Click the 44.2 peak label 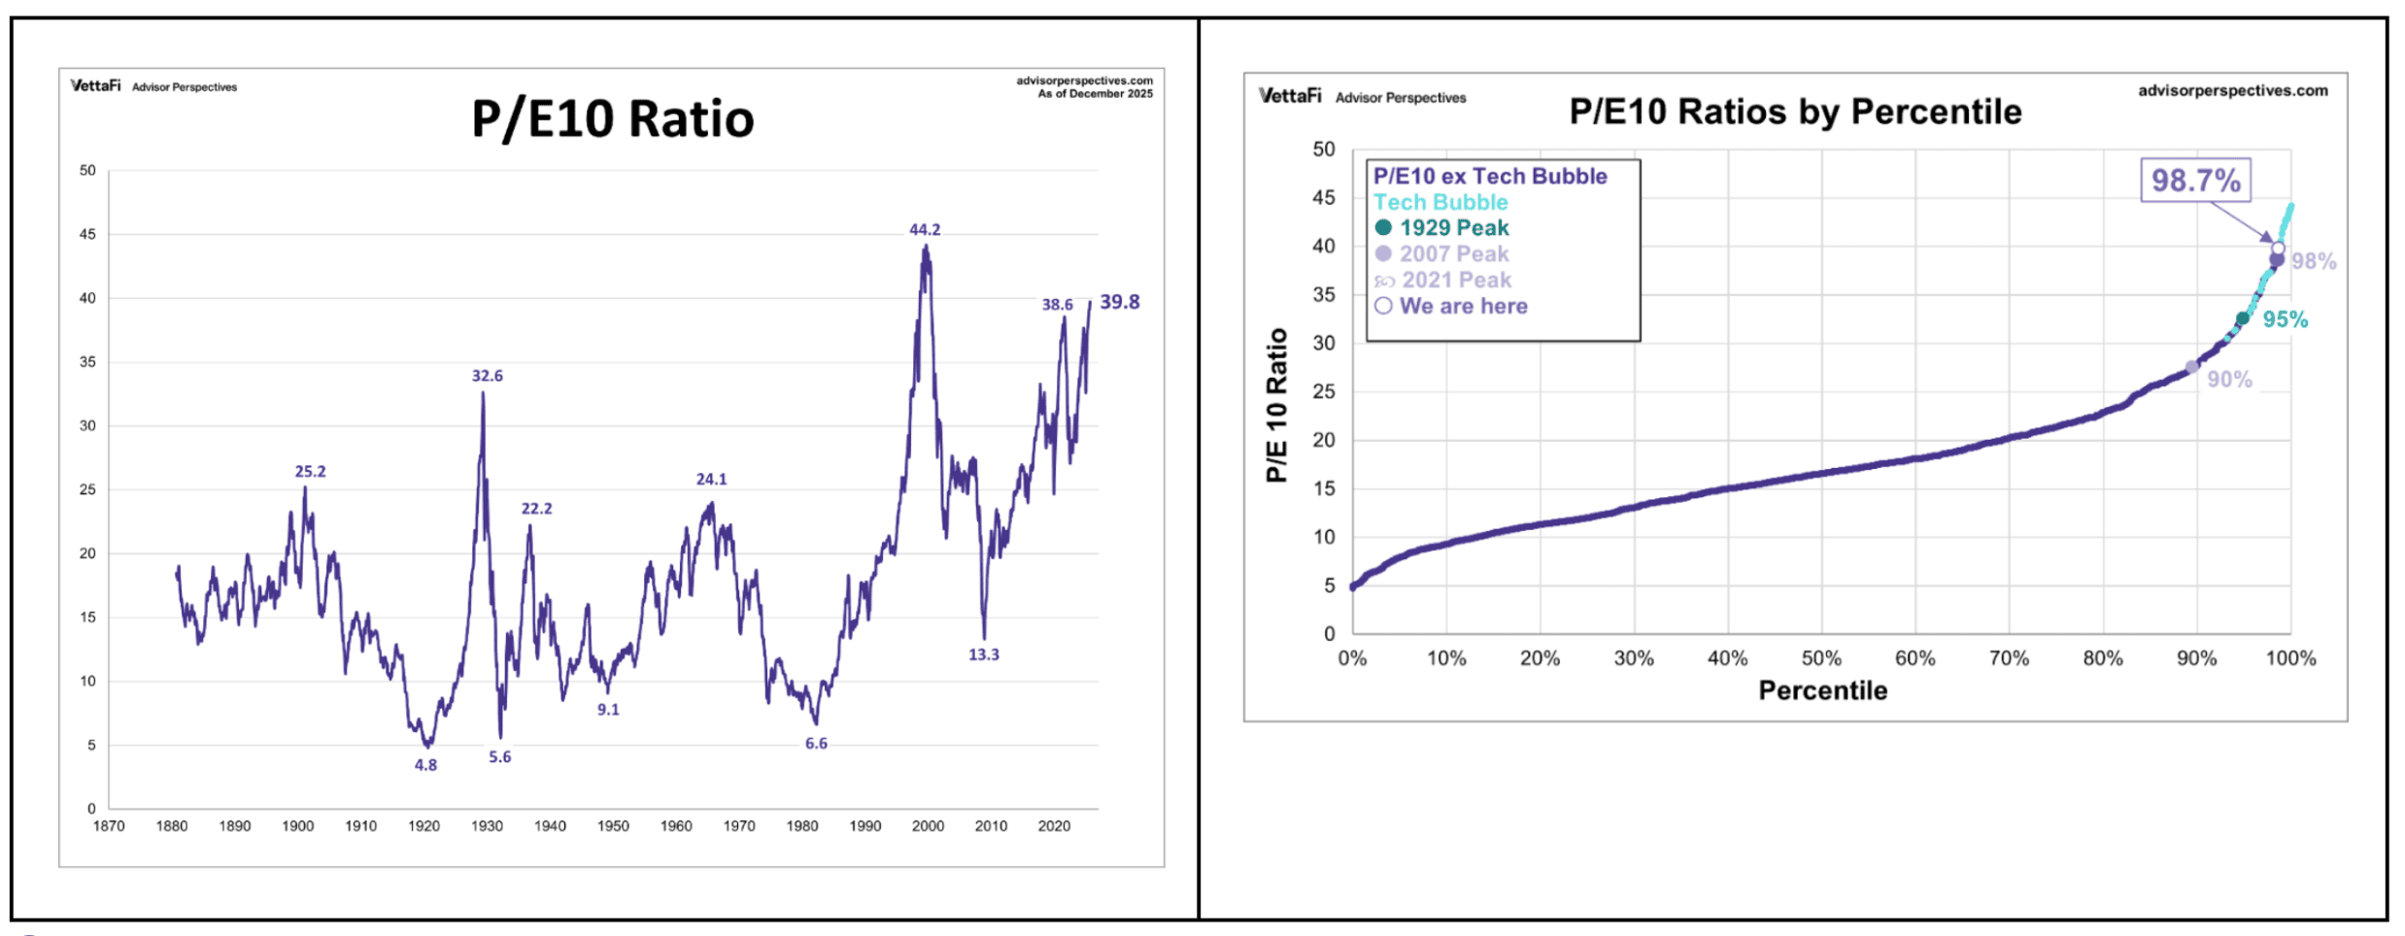tap(924, 230)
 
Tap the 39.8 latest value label tap(1119, 302)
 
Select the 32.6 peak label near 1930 tap(487, 376)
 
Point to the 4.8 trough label tap(425, 765)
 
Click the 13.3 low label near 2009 tap(983, 654)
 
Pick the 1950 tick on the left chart tap(613, 826)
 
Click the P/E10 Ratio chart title tap(612, 119)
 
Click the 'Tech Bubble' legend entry tap(1440, 202)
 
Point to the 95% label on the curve tap(2285, 319)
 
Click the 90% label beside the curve tap(2228, 380)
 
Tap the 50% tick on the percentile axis tap(1820, 658)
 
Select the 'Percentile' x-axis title tap(1822, 690)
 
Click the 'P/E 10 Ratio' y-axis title tap(1276, 405)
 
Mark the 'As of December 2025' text tap(1095, 94)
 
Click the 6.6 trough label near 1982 tap(816, 744)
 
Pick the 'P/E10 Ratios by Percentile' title tap(1795, 112)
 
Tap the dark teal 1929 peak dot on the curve tap(2242, 318)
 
